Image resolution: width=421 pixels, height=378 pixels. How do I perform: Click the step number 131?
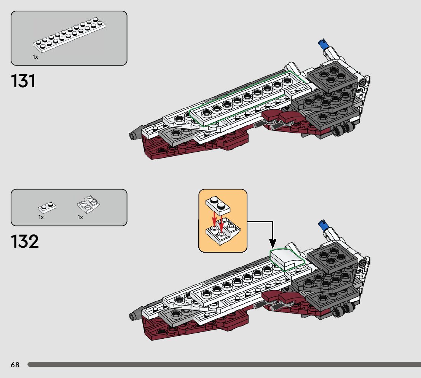tap(24, 81)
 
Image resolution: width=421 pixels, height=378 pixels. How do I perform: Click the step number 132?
tap(25, 242)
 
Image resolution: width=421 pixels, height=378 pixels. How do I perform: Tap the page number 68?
tap(15, 365)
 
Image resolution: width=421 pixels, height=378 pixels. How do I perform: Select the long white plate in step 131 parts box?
tap(69, 36)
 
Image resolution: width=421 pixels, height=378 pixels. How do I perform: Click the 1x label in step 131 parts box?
tap(35, 57)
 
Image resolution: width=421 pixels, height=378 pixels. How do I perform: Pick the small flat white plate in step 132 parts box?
tap(48, 207)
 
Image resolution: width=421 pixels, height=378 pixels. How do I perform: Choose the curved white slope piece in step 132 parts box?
tap(89, 204)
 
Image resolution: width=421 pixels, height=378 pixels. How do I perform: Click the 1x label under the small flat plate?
tap(41, 217)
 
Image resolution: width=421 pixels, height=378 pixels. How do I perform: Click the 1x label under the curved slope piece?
tap(80, 217)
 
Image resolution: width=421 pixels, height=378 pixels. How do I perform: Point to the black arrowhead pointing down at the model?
tap(273, 243)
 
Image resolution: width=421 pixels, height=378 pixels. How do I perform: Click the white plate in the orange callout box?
tap(218, 206)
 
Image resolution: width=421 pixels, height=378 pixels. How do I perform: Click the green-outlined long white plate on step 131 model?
tap(247, 100)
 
